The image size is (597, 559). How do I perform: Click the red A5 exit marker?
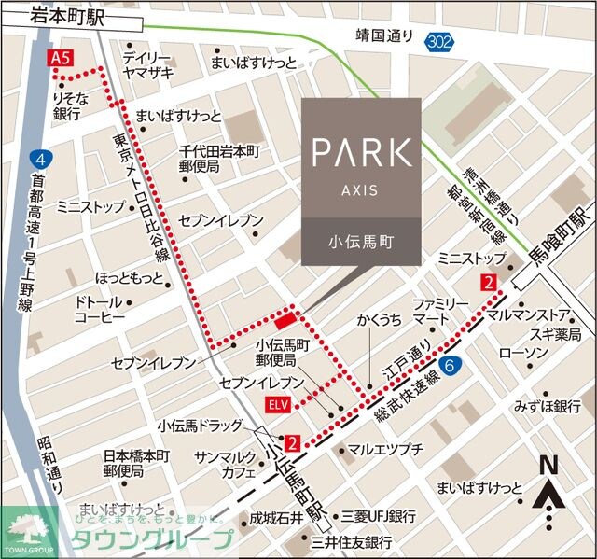pos(60,58)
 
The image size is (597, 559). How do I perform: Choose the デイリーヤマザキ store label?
pos(147,64)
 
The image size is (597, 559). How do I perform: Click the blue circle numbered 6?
pos(451,365)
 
